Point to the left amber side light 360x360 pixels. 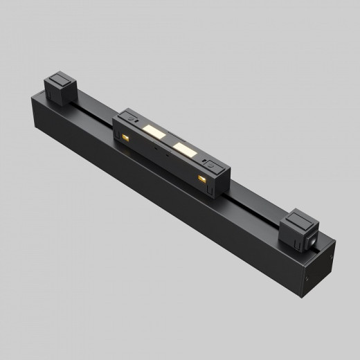point(127,139)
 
